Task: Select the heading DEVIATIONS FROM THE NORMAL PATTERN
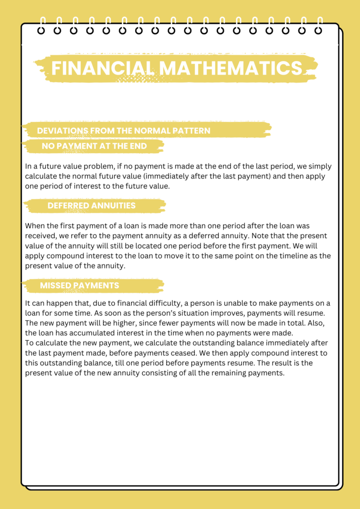tap(123, 131)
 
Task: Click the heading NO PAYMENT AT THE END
tap(94, 146)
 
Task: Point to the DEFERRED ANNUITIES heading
tap(91, 205)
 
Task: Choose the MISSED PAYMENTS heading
tap(79, 285)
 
